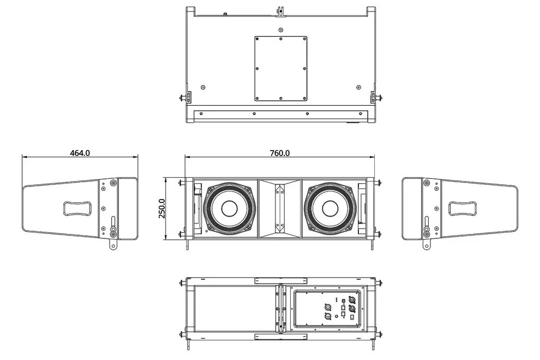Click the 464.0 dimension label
tap(80, 153)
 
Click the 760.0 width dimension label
tap(280, 153)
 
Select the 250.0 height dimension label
tap(162, 208)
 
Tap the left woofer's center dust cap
tap(229, 208)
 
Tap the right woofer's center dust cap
tap(330, 208)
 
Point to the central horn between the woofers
tap(280, 208)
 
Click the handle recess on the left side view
tap(77, 208)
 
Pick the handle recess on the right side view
tap(463, 208)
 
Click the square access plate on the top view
tap(281, 69)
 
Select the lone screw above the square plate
tap(281, 29)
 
